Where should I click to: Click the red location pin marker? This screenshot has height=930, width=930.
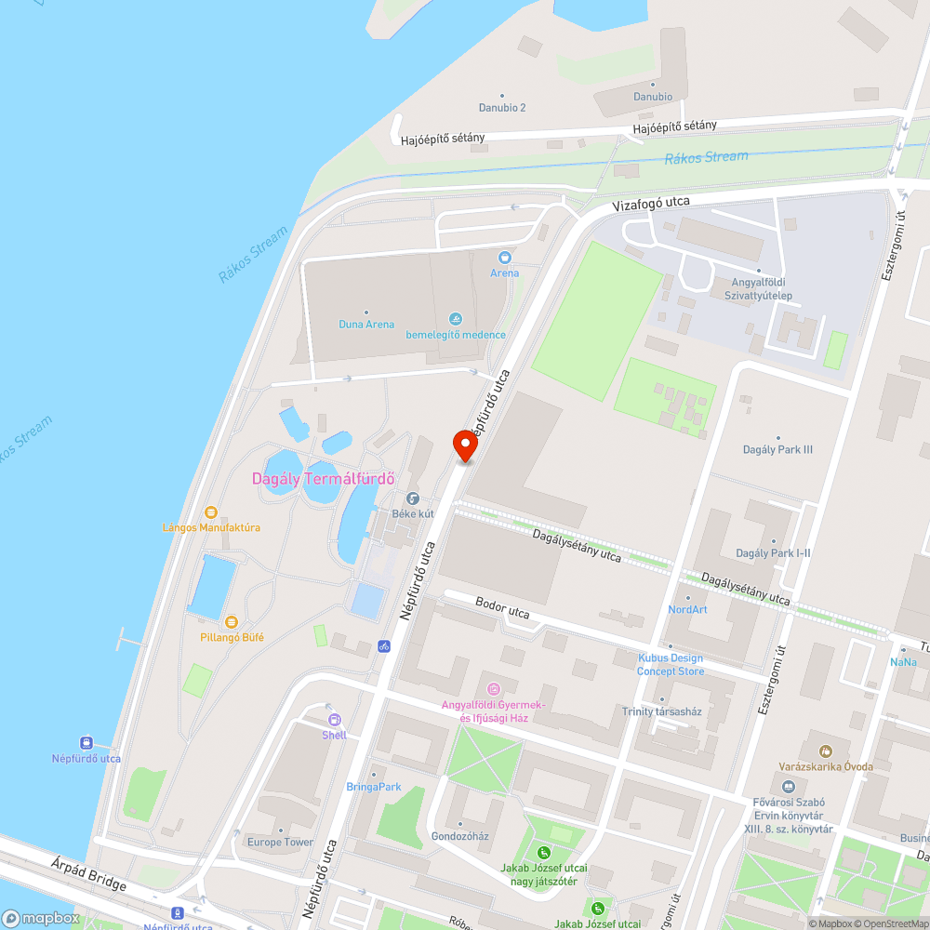[x=465, y=445]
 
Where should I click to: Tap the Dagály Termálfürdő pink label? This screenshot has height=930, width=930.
[x=324, y=479]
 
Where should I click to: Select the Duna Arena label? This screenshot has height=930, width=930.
[x=366, y=325]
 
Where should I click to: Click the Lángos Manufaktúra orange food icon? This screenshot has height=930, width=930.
[x=211, y=511]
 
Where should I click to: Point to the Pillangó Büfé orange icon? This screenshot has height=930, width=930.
[x=232, y=621]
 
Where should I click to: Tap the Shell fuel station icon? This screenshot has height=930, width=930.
[x=334, y=719]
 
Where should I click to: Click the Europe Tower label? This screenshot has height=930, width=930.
[x=280, y=842]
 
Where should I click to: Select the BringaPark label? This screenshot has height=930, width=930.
[x=374, y=787]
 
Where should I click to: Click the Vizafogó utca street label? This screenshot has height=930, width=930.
[x=650, y=202]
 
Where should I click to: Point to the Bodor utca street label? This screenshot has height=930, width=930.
[x=502, y=610]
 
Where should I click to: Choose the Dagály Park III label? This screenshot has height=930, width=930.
[x=778, y=449]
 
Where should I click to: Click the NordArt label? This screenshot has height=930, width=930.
[x=687, y=609]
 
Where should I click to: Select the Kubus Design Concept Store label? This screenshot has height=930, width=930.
[x=671, y=664]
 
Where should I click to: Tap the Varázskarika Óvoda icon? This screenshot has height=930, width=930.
[x=824, y=751]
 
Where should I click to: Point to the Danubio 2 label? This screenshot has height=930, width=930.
[x=502, y=107]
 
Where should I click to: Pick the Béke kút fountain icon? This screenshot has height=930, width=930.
[x=413, y=498]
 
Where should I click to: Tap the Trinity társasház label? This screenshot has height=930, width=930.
[x=661, y=711]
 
